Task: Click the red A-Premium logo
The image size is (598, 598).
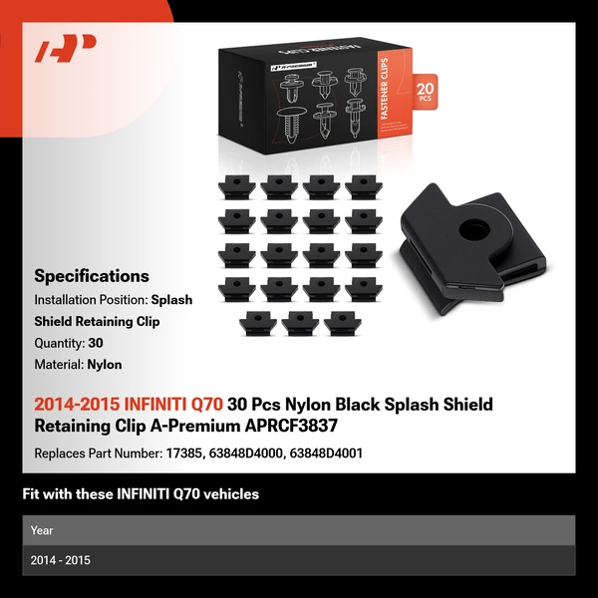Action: [65, 48]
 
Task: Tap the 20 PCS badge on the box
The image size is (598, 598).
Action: [425, 92]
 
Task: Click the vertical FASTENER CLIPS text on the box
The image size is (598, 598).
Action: [385, 89]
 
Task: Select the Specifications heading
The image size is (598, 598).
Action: [92, 276]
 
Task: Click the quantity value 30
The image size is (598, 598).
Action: [96, 343]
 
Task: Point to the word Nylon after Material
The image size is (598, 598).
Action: [105, 365]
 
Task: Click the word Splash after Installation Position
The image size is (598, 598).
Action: [171, 300]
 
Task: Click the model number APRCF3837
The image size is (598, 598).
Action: [291, 426]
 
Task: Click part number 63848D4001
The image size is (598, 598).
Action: [326, 453]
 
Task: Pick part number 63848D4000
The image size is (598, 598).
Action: [245, 453]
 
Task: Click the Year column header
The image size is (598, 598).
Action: [42, 530]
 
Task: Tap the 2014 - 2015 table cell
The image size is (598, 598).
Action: [60, 560]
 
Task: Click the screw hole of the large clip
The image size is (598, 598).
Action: [474, 230]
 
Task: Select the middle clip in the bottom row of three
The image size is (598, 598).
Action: [300, 323]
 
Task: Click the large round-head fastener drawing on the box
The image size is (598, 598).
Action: [292, 126]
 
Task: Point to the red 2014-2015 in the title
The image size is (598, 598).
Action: [77, 405]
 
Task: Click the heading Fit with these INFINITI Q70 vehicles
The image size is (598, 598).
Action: [141, 494]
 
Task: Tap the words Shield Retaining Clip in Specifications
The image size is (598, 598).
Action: [97, 322]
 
